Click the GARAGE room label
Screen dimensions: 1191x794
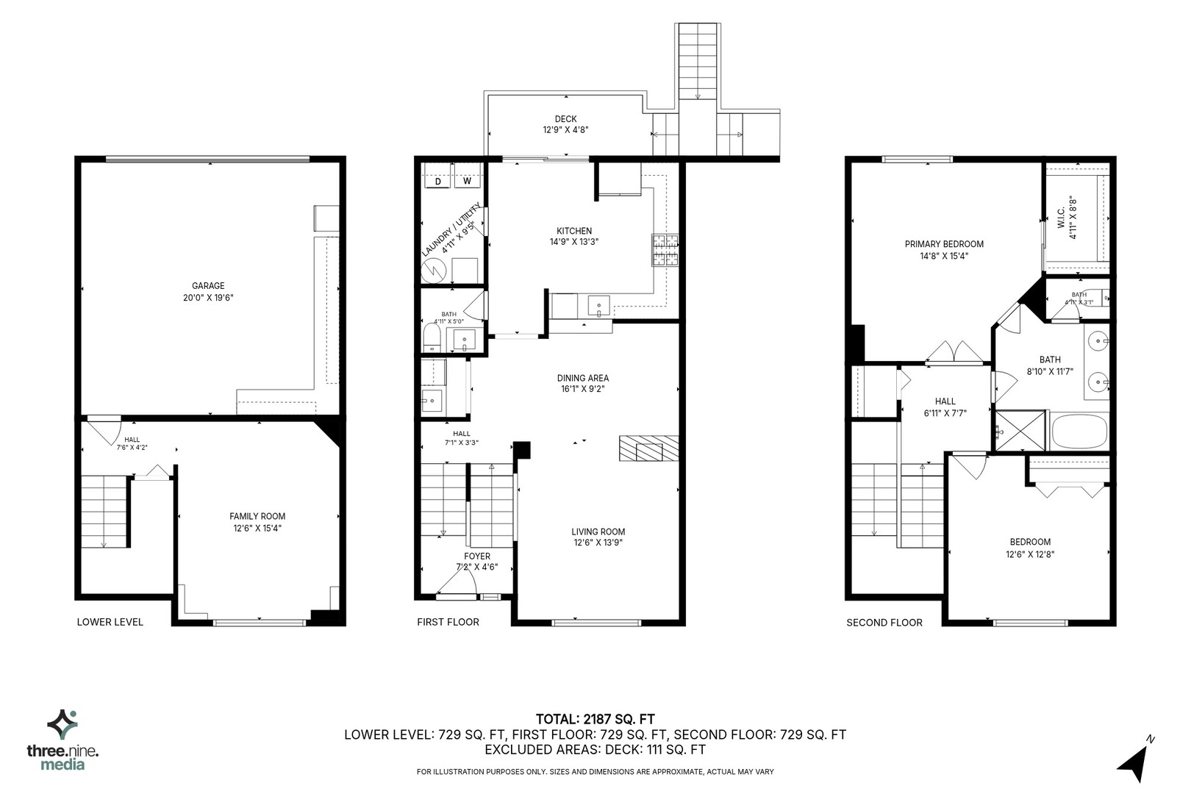[x=208, y=285]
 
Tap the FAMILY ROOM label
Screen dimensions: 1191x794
[x=257, y=516]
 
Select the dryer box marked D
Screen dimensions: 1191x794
[x=438, y=182]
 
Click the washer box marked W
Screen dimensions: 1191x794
[x=467, y=181]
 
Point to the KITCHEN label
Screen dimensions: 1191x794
[x=573, y=231]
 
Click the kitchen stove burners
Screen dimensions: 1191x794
[x=665, y=250]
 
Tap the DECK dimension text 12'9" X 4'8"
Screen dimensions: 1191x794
[x=565, y=130]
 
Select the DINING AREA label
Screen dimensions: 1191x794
[x=583, y=378]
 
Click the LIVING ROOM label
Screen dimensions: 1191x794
[x=598, y=532]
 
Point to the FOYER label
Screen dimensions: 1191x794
[x=477, y=557]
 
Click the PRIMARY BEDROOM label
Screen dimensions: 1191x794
[x=944, y=244]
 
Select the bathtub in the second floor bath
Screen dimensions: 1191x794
[x=1079, y=432]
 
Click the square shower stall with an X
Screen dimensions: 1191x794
[x=1020, y=430]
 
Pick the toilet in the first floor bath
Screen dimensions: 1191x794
[x=432, y=337]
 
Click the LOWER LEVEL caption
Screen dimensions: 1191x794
[x=110, y=622]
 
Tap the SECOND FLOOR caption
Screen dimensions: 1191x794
[x=884, y=622]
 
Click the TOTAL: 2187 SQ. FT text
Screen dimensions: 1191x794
[x=595, y=719]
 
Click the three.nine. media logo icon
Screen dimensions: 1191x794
[x=62, y=724]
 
